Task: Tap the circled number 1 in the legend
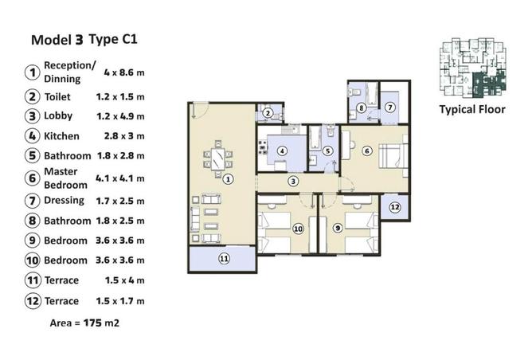33,72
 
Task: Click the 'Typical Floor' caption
472,110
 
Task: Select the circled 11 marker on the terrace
224,258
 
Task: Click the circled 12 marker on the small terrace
395,206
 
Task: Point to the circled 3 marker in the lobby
294,182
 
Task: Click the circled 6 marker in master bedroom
367,151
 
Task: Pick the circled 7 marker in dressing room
390,108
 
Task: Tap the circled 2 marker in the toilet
269,113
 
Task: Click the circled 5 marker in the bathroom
327,151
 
